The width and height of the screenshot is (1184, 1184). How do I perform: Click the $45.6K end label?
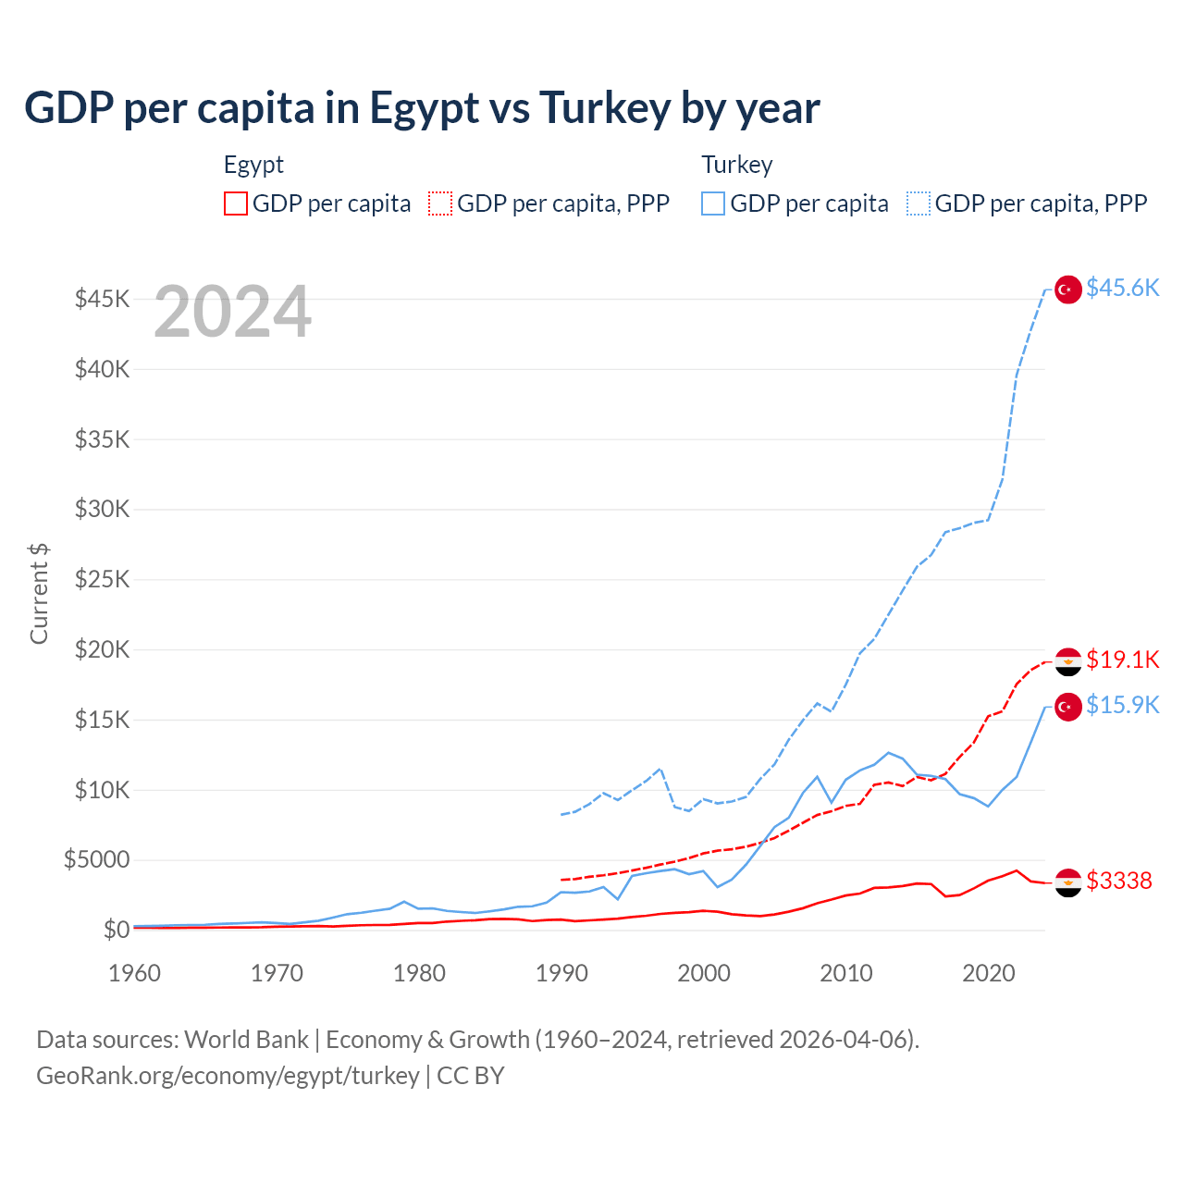click(1122, 289)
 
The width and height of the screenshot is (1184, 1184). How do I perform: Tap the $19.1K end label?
click(1122, 660)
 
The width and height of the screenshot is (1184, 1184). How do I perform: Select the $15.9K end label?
click(1122, 706)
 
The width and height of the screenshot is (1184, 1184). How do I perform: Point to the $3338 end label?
click(1119, 881)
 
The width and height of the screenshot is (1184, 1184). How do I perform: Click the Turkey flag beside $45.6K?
click(1068, 290)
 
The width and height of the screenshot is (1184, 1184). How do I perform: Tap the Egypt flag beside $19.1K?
click(1068, 661)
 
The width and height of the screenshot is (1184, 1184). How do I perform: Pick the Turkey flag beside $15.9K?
click(1068, 707)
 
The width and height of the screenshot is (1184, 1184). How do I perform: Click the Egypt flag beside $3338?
click(1068, 882)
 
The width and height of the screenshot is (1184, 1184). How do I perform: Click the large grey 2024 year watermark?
click(232, 312)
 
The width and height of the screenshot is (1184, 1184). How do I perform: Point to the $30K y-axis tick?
click(102, 510)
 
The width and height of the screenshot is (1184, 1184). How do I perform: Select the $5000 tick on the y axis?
click(96, 860)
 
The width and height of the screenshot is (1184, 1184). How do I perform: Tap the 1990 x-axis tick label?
click(561, 973)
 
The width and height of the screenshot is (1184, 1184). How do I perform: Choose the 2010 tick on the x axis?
click(846, 973)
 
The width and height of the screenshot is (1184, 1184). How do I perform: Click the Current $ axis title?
click(39, 593)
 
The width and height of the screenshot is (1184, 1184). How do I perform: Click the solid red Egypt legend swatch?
click(236, 203)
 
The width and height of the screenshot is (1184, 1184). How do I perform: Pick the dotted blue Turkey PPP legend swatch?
click(919, 203)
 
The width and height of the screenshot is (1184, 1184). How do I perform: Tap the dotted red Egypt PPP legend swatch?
click(440, 203)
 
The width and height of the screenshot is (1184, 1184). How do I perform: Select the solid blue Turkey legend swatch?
click(713, 203)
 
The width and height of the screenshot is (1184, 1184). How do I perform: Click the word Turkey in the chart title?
click(604, 108)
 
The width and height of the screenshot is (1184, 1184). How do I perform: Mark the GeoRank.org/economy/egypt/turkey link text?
click(228, 1076)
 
